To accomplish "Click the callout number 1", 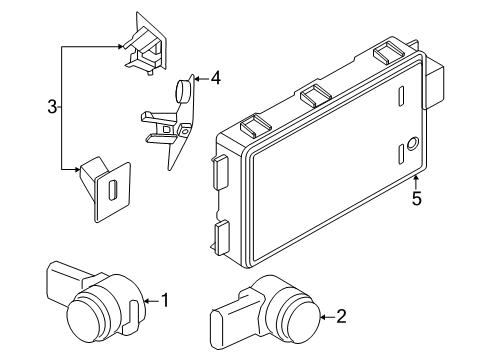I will [x=166, y=300].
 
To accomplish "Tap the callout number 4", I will [x=215, y=76].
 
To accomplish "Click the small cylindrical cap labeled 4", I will [x=182, y=91].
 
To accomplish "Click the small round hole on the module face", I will [x=411, y=142].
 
